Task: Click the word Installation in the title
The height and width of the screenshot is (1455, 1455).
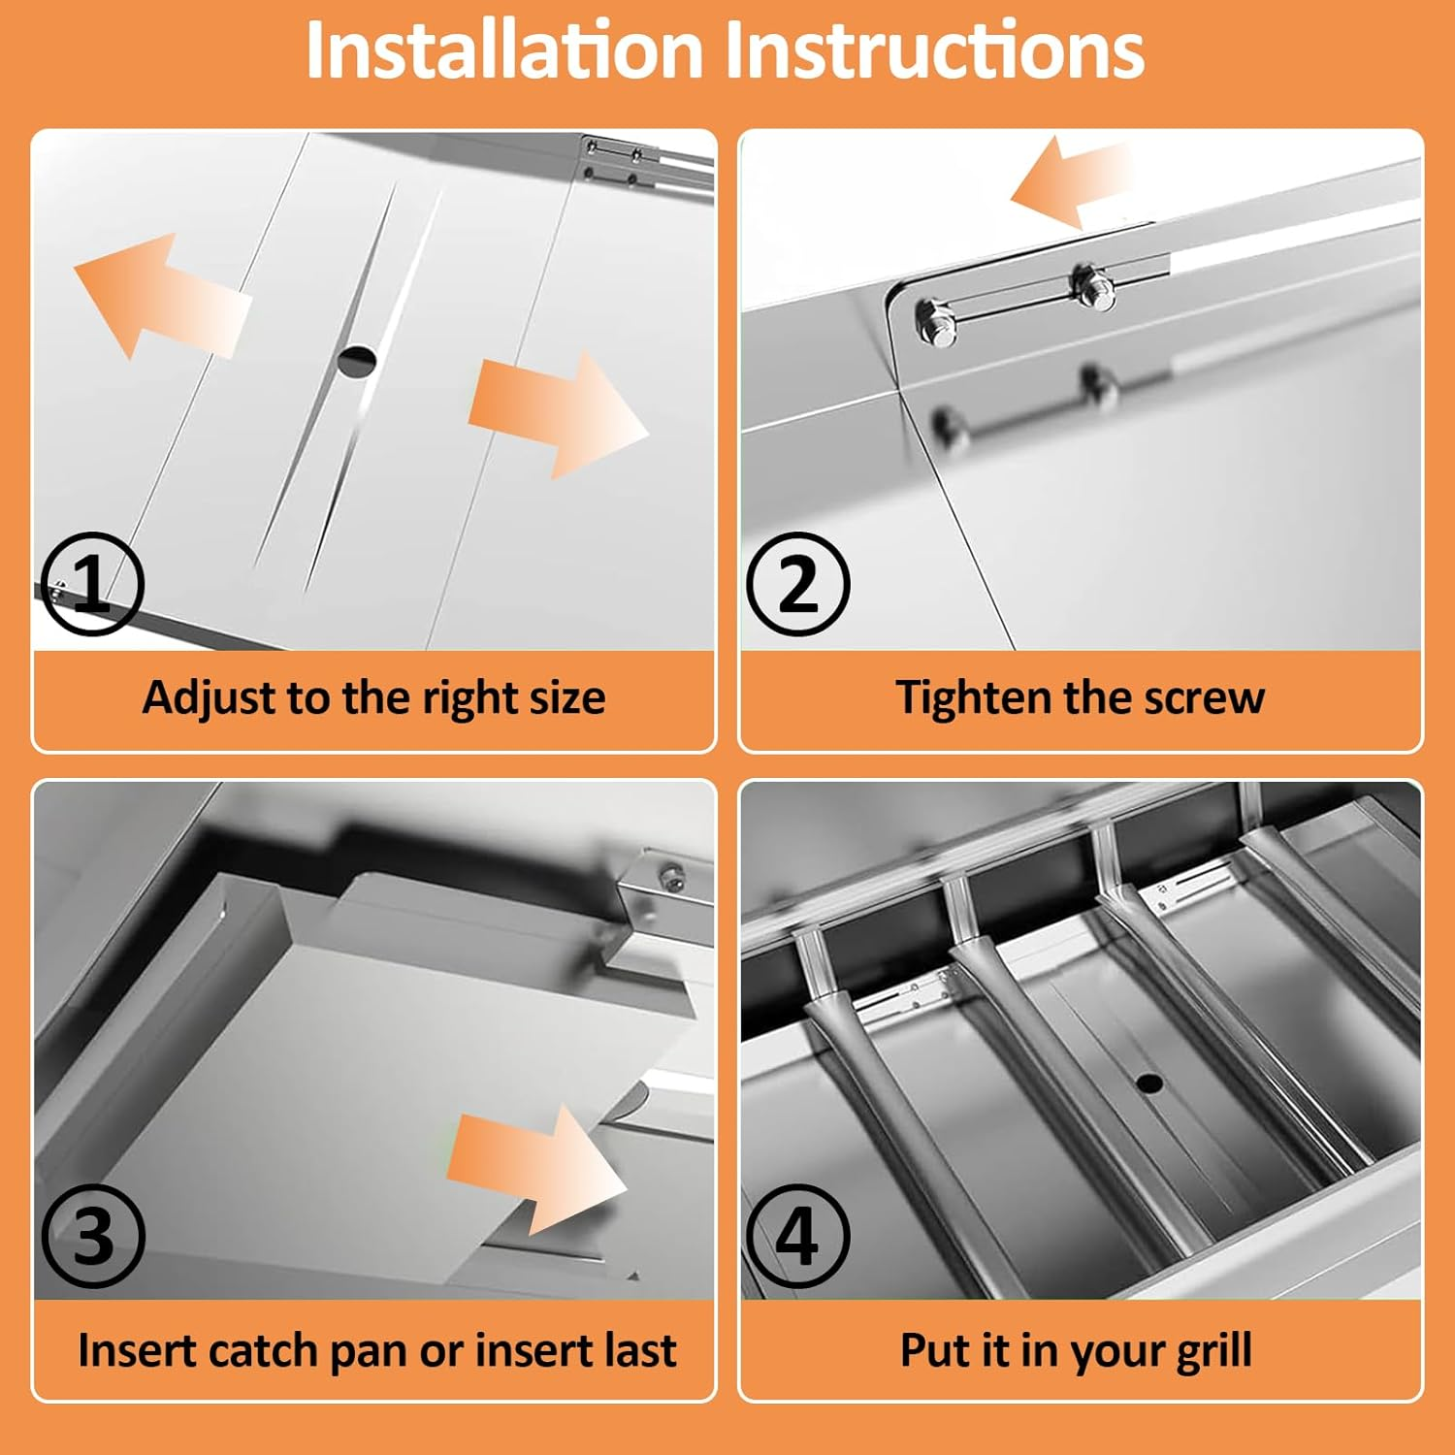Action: coord(504,49)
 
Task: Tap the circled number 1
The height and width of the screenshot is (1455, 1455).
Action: coord(93,584)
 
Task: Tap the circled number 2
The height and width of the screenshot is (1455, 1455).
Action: coord(798,584)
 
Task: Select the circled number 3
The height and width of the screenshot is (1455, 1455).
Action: coord(93,1236)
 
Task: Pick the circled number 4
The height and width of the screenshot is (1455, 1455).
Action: coord(798,1236)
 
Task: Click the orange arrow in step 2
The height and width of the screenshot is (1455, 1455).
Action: coord(1071,181)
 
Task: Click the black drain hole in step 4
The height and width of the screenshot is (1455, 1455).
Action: coord(1148,1083)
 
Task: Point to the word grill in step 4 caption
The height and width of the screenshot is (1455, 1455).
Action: coord(1212,1351)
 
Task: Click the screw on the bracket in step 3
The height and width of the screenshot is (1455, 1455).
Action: coord(668,879)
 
